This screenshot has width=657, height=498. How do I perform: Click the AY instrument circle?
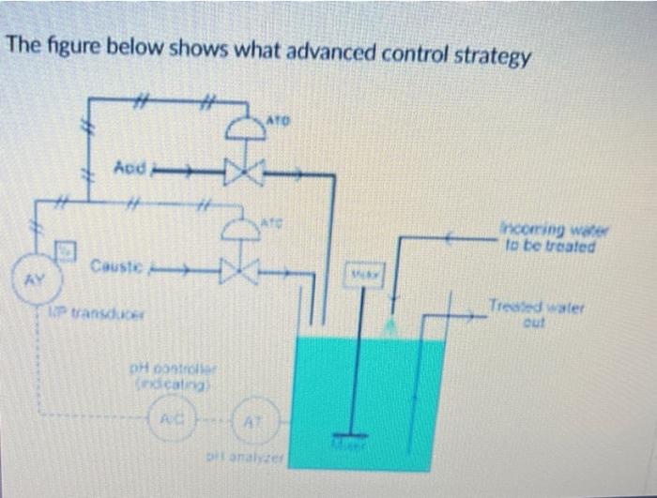(31, 277)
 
